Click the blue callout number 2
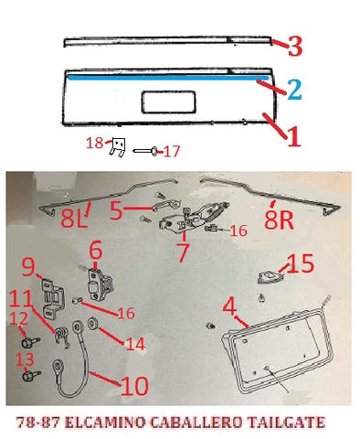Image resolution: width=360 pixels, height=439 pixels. pos(294,90)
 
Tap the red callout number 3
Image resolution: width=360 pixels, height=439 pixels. pos(295,46)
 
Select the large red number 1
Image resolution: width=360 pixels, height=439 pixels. pos(293,137)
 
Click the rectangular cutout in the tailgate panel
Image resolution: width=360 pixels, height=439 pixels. pos(168,102)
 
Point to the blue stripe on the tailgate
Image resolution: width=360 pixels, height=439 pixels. pos(168,78)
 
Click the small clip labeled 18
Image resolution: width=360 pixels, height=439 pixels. pos(118,147)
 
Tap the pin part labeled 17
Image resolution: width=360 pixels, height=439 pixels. pos(145,150)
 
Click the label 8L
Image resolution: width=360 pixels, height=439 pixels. pos(74,219)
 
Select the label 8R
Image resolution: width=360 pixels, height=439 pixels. pos(279,219)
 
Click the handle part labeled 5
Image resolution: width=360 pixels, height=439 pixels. pos(166,206)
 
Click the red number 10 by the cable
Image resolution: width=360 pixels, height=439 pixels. pos(134,385)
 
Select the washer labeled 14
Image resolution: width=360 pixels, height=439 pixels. pos(91,324)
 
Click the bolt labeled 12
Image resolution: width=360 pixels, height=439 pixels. pos(31,341)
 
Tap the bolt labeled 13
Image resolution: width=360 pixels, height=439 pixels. pos(31,375)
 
